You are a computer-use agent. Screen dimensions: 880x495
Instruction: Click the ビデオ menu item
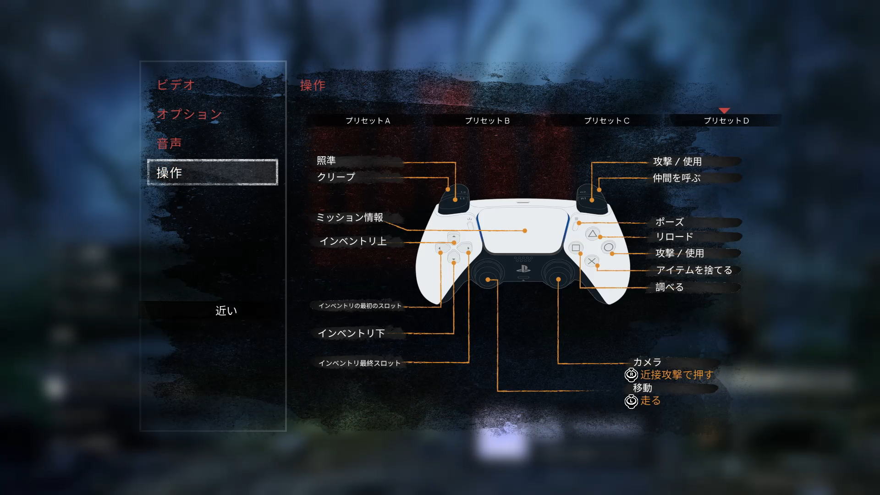pos(176,85)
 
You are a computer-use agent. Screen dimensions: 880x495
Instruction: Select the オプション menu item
pos(189,114)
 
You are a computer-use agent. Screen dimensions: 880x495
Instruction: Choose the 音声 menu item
pos(169,143)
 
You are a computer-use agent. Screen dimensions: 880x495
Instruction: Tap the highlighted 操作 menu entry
pos(213,172)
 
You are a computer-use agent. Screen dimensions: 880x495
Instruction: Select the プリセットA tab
pos(368,121)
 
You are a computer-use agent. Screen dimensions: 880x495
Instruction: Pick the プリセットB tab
pos(487,121)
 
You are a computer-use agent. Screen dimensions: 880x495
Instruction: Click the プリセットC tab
pos(606,121)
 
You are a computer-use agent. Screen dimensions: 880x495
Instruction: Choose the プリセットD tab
pos(726,121)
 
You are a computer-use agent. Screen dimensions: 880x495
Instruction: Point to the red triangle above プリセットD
pos(724,110)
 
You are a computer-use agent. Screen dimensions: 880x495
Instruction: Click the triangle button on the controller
pos(593,234)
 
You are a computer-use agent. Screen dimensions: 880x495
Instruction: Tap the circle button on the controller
pos(608,247)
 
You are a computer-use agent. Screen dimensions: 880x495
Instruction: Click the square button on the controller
pos(576,248)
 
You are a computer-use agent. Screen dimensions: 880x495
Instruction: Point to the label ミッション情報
pos(350,217)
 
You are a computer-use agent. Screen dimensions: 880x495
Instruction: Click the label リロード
pos(674,236)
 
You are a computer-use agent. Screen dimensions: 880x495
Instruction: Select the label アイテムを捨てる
pos(694,270)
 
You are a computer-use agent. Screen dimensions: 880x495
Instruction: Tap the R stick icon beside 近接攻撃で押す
pos(631,375)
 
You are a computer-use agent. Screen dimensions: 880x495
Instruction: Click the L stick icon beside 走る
pos(631,401)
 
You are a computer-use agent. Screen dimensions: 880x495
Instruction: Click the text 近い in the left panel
pos(226,311)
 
